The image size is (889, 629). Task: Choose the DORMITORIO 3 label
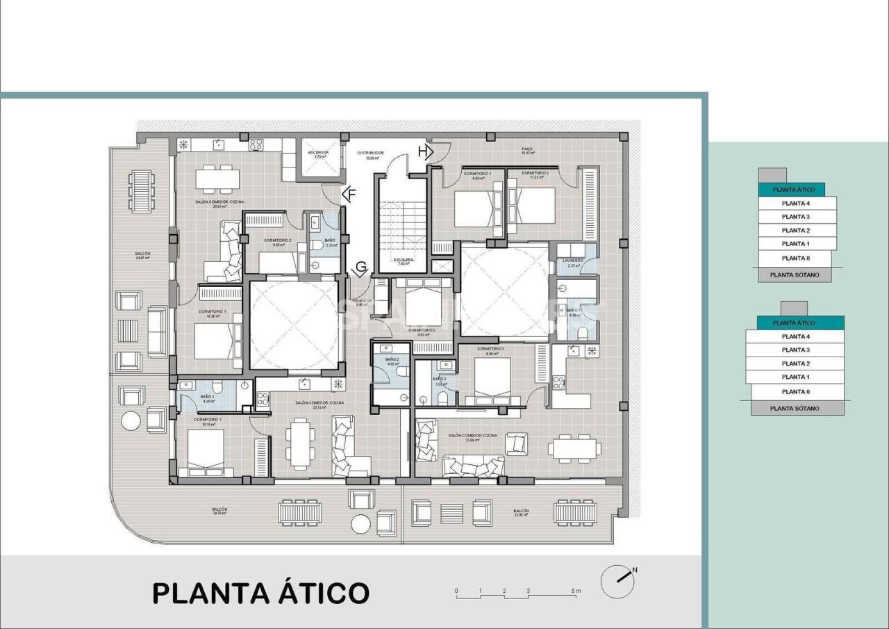(490, 350)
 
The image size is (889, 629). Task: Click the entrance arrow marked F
(349, 195)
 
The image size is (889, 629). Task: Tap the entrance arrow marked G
(360, 269)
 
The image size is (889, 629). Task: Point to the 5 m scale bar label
(576, 591)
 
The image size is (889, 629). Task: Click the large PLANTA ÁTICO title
(260, 593)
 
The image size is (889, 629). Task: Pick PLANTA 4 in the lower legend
(795, 336)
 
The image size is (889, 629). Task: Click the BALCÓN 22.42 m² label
(521, 513)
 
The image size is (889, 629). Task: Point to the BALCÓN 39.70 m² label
(219, 512)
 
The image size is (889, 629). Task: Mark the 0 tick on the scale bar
(456, 591)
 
